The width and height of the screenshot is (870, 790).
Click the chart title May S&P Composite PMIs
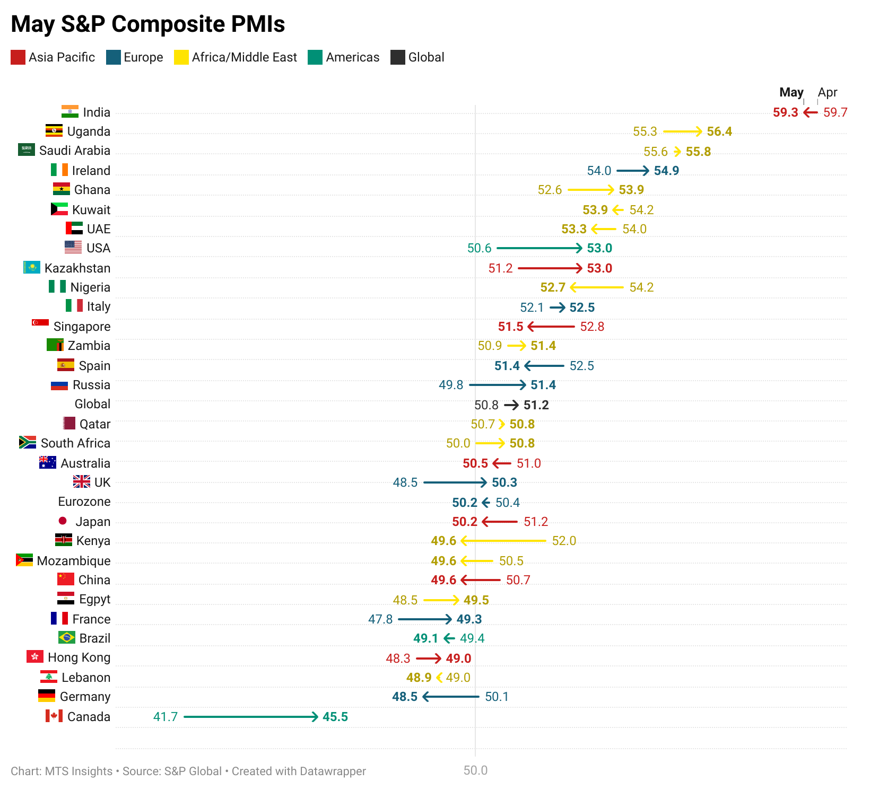(148, 24)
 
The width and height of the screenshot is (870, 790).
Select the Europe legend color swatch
(114, 57)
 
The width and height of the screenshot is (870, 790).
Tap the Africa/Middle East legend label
(244, 57)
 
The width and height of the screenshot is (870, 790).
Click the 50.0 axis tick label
(475, 770)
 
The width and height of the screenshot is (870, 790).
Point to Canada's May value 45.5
(335, 717)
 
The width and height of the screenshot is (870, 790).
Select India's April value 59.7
(835, 112)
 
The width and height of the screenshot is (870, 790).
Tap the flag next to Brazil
(67, 637)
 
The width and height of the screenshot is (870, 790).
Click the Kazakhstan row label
(77, 268)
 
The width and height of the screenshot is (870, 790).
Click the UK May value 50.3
(504, 482)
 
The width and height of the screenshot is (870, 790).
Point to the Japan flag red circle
(63, 521)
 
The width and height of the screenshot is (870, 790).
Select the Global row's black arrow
(511, 405)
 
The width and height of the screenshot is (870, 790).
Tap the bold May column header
(791, 92)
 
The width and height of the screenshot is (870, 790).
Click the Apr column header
(827, 92)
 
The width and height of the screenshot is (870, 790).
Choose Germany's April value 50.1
(497, 697)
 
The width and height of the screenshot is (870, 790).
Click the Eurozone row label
(84, 502)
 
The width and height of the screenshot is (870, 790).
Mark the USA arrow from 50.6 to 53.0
(539, 248)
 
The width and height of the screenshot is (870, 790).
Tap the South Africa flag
(28, 442)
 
